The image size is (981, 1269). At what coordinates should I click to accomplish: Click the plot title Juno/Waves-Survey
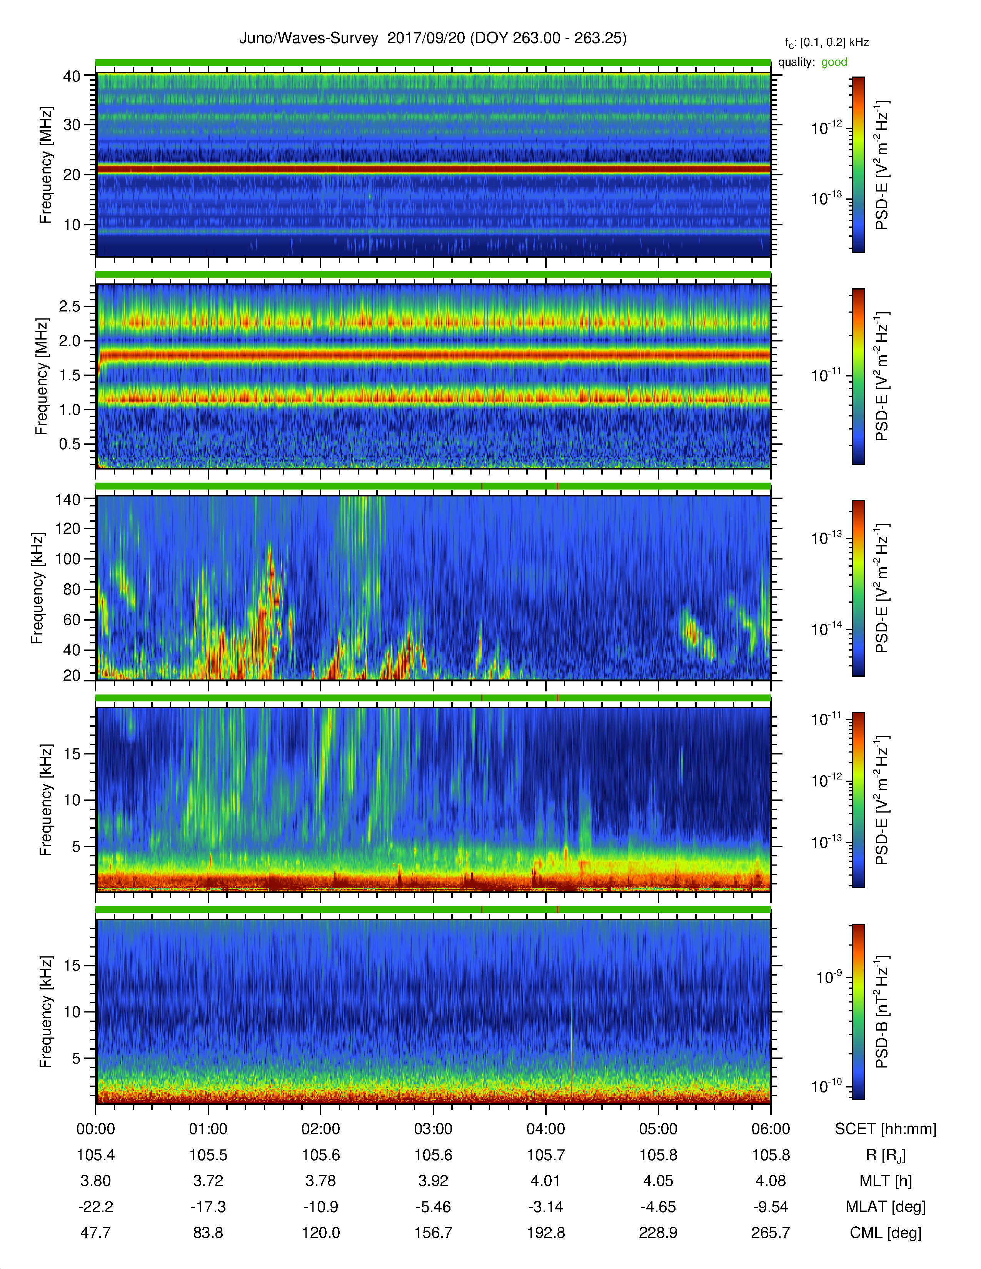309,38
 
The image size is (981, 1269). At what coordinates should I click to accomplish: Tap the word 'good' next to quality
834,62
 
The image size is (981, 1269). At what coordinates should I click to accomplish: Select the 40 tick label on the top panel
72,76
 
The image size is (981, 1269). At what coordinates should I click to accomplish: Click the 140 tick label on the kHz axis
67,499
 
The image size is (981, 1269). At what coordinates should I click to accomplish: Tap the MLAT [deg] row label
886,1207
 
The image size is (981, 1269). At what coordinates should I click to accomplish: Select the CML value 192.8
546,1232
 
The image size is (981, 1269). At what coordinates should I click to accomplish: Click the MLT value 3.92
433,1181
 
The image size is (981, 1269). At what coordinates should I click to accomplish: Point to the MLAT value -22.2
96,1207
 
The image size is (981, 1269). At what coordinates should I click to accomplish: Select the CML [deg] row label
886,1232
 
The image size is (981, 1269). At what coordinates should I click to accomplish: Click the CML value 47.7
96,1232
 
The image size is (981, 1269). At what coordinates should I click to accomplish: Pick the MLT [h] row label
886,1181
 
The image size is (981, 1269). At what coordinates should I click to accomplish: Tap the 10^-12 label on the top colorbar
826,128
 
